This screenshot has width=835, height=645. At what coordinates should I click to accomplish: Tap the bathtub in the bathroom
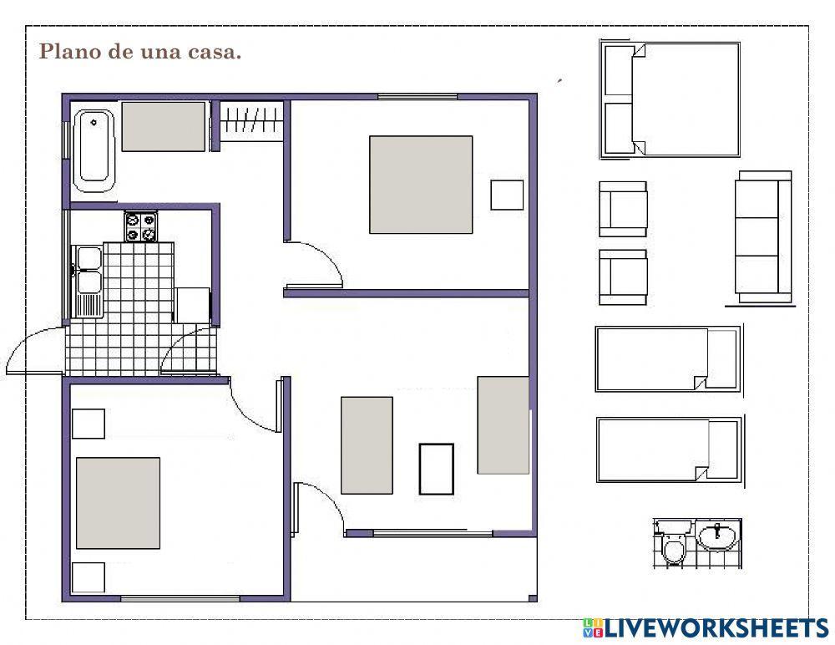(94, 150)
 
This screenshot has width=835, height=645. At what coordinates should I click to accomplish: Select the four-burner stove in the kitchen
(140, 226)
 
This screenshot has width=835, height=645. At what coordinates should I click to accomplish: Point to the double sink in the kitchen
(88, 281)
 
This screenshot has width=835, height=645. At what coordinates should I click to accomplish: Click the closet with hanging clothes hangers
(251, 120)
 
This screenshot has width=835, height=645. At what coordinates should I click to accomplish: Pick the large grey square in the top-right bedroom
(421, 185)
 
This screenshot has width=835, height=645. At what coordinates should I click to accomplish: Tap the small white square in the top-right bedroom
(507, 196)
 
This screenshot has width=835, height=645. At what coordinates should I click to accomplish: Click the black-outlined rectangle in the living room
(437, 469)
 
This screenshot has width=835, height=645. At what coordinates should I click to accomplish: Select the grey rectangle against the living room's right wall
(504, 424)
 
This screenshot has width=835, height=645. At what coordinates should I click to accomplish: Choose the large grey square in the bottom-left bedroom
(119, 503)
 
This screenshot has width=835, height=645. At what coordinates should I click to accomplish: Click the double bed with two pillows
(671, 99)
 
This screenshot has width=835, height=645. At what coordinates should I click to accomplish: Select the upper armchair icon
(623, 209)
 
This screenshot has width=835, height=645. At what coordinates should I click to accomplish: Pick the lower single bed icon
(670, 449)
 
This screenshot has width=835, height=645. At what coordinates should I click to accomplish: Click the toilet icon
(674, 544)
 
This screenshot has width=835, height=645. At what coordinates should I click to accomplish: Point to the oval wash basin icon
(718, 536)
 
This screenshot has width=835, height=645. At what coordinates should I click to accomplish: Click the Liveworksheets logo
(706, 628)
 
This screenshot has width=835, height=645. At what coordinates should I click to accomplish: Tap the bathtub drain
(94, 123)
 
